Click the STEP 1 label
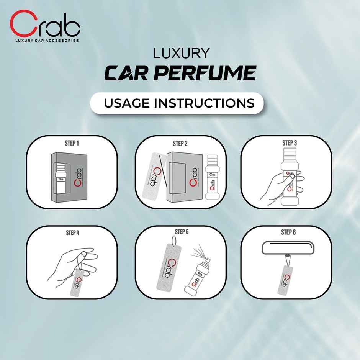click(72, 143)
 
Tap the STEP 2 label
click(180, 144)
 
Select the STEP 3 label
click(290, 143)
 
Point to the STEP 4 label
click(72, 232)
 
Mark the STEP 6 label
click(288, 232)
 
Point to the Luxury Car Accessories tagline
click(47, 40)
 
